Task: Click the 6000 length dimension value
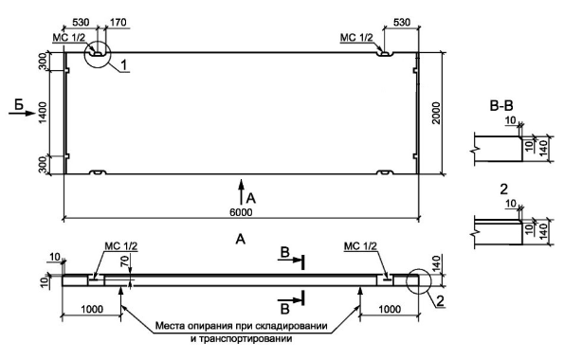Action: [241, 212]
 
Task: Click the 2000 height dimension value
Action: [436, 114]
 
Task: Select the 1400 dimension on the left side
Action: [43, 113]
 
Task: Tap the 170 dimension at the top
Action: [118, 23]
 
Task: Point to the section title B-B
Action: [501, 106]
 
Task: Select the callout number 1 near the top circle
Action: [124, 65]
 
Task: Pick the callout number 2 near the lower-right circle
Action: [441, 301]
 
